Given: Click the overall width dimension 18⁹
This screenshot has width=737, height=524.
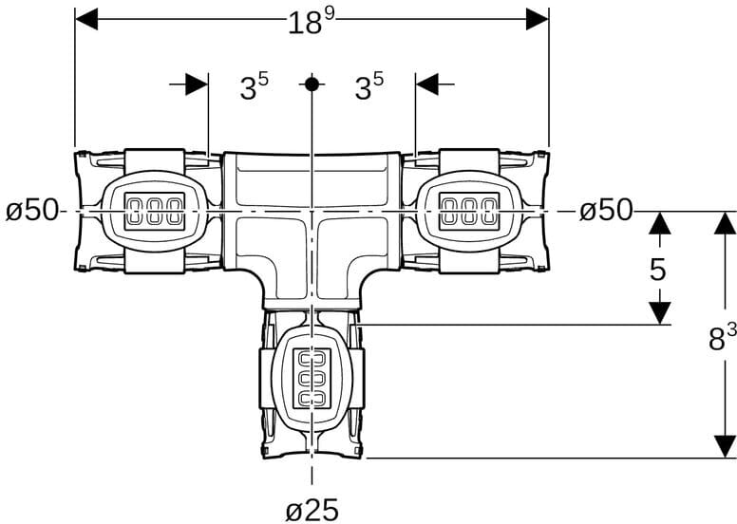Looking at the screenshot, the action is (312, 21).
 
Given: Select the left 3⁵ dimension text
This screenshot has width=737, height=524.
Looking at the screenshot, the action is (255, 86).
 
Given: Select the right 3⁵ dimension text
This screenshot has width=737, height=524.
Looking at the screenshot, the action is (368, 86).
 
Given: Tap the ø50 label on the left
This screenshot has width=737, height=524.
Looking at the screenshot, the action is (31, 210).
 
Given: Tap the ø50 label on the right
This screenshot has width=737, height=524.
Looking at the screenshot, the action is (606, 210).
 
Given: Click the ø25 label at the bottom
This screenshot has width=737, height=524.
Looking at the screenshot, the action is (312, 509).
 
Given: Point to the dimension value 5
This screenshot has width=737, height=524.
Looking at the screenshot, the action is (658, 270).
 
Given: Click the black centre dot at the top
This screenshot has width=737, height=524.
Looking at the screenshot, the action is (312, 84).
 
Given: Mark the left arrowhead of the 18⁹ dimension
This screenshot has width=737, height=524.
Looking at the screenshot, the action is (86, 19).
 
